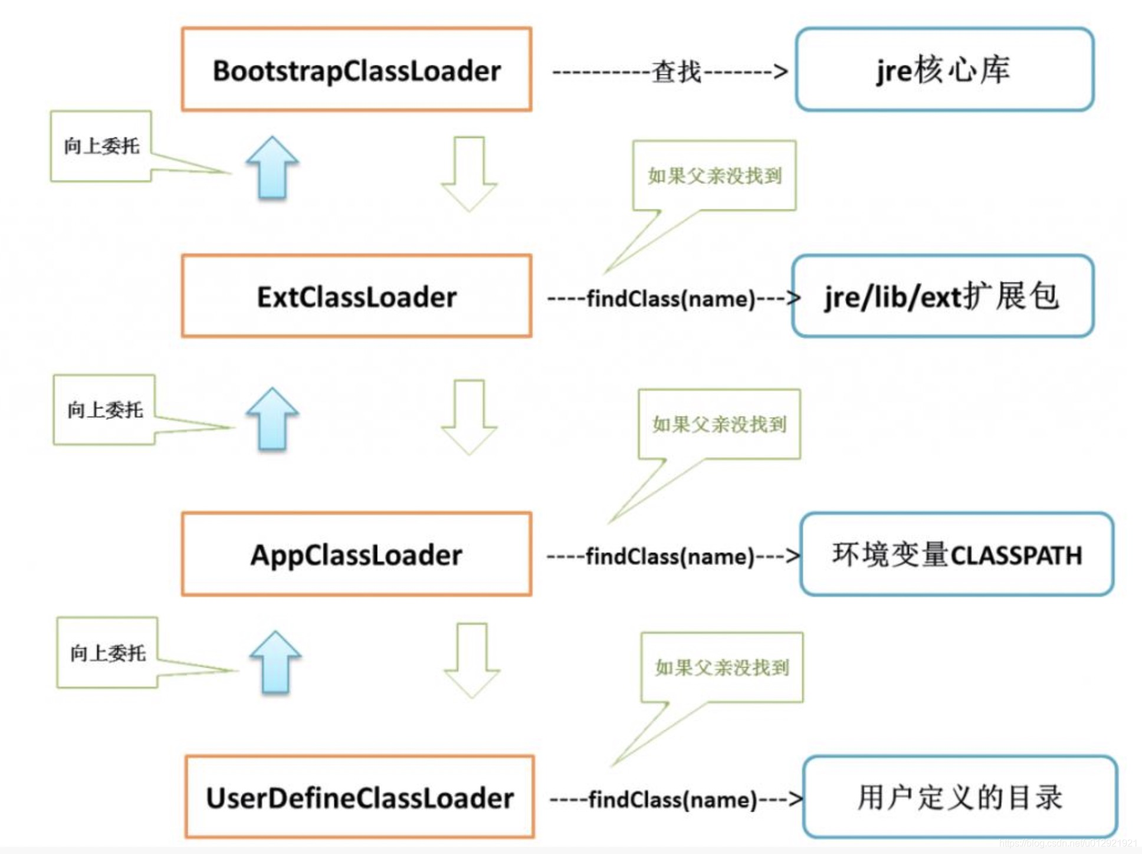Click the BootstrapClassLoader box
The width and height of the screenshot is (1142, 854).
point(356,70)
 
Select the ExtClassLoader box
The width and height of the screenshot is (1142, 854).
point(356,296)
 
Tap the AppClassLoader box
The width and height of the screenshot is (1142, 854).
point(356,554)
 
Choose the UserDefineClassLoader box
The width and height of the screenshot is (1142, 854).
point(359,797)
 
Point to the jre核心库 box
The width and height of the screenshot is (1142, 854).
point(944,70)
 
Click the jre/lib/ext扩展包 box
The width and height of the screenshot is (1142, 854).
point(942,296)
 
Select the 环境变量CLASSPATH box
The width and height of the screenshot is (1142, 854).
point(956,554)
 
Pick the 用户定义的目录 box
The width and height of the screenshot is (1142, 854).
point(960,797)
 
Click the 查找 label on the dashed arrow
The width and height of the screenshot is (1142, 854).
point(676,72)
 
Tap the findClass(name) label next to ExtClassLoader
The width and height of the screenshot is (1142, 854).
point(671,298)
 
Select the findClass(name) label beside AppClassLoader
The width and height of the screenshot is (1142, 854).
point(670,556)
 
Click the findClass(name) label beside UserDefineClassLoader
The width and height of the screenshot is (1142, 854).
point(672,800)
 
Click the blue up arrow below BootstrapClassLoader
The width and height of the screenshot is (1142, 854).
point(273,167)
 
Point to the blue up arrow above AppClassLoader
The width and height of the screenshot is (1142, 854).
point(273,419)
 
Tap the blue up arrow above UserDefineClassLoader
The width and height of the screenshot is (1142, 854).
point(275,662)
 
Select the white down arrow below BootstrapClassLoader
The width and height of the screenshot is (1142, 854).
point(470,173)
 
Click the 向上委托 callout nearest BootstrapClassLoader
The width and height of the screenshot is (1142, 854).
point(101,146)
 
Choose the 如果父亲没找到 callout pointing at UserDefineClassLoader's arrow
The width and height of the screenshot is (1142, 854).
point(722,668)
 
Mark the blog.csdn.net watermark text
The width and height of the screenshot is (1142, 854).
point(1068,843)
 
